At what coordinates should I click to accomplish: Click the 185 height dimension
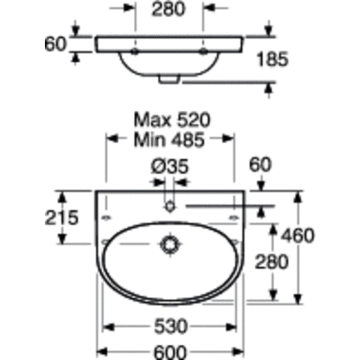click(272, 59)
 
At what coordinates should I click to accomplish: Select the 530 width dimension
click(170, 326)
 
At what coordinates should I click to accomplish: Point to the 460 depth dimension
click(298, 235)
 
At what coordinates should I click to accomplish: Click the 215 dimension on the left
click(62, 217)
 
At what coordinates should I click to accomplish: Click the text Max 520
click(172, 120)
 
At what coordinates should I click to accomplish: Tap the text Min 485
click(169, 140)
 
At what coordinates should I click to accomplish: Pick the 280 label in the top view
click(168, 9)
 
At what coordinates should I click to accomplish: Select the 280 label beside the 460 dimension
click(272, 262)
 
